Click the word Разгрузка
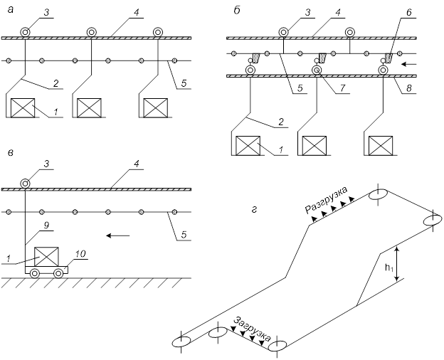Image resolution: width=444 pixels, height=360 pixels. pos(326,200)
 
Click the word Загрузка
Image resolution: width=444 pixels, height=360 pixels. pos(253,329)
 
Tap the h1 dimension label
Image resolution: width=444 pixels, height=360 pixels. pos(389,267)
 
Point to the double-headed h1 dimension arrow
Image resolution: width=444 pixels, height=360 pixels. pos(398,263)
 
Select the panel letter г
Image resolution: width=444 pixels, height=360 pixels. pos(254,210)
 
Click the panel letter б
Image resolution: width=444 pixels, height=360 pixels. pos(237,11)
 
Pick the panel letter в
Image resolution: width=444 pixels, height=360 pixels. pos(11,153)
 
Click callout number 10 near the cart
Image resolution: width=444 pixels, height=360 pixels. pos(80,253)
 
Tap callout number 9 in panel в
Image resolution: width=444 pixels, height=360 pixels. pos(46,226)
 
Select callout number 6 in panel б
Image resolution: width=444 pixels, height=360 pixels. pos(408,13)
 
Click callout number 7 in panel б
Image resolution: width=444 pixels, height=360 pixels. pos(342,88)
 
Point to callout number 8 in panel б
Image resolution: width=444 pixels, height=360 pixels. pos(408,88)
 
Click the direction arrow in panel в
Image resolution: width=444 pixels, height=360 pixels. pos(118,235)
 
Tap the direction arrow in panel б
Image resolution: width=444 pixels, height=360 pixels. pos(409,65)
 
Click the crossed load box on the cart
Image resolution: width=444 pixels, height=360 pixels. pos(46,257)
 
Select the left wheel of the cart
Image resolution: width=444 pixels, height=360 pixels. pos(35,273)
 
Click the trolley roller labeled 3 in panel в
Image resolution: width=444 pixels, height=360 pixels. pos(25,184)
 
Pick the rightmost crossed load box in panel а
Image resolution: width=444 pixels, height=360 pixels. pos(155,108)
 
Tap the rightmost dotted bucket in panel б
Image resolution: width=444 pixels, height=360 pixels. pos(389,58)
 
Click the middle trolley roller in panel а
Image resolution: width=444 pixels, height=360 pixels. pos(91,32)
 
